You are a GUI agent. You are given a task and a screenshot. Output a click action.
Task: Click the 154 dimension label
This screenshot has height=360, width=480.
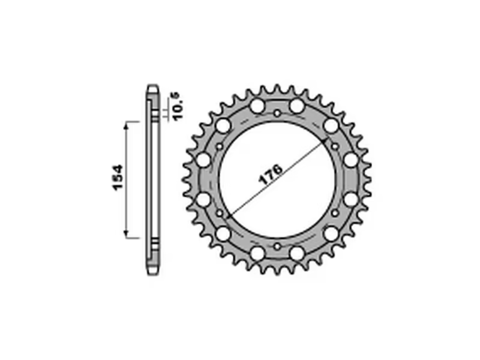click(x=118, y=178)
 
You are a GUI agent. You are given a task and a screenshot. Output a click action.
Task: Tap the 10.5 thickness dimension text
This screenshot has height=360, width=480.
click(x=178, y=106)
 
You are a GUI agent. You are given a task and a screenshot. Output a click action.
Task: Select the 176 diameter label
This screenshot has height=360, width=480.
click(x=271, y=175)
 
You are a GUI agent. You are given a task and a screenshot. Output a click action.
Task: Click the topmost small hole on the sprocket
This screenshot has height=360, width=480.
click(x=277, y=113)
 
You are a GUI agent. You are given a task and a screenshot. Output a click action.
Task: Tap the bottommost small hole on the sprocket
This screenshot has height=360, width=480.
click(x=277, y=247)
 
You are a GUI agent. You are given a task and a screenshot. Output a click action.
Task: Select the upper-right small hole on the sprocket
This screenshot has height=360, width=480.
click(x=335, y=146)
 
